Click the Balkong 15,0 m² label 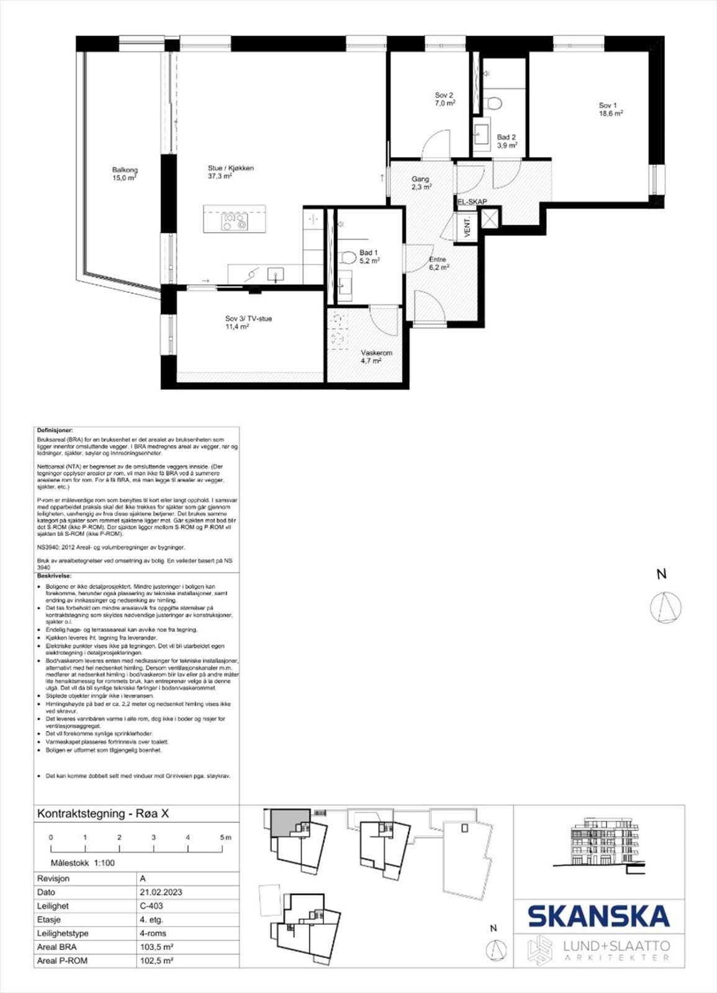click(125, 174)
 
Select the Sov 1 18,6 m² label click(610, 109)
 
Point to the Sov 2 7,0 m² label click(444, 99)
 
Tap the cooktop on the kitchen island click(235, 222)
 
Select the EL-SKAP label click(472, 202)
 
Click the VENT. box click(467, 227)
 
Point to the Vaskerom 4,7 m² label click(376, 356)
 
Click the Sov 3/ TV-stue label click(248, 322)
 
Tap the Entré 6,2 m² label click(438, 263)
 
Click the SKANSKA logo click(598, 916)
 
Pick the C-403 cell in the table click(151, 905)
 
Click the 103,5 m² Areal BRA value click(156, 946)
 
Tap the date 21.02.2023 click(161, 892)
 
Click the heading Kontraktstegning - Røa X click(103, 814)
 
